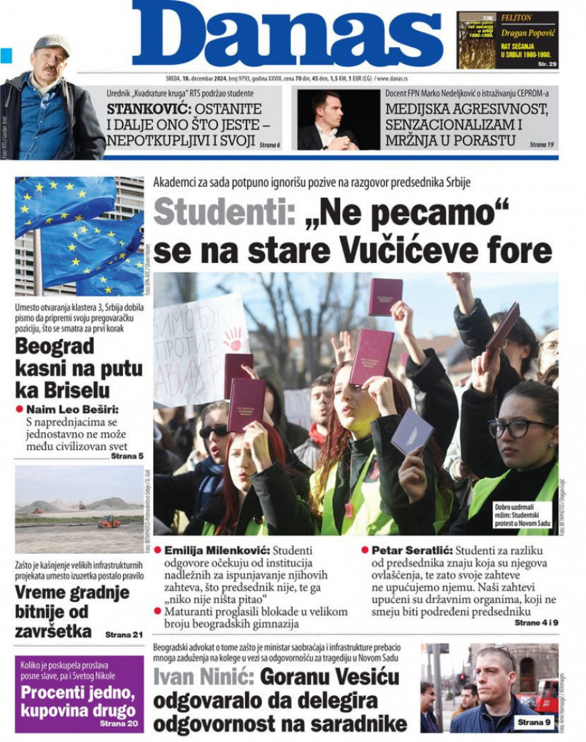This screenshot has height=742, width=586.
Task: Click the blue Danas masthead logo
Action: point(287,35)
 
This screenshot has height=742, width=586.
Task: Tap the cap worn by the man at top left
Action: point(52,43)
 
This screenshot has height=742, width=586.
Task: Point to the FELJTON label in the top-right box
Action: point(516,18)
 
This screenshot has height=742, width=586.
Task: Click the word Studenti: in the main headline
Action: point(224,212)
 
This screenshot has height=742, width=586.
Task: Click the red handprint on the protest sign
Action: point(233,338)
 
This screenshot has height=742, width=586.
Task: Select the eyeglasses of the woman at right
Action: point(519,428)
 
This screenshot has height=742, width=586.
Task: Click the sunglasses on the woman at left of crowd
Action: point(214,431)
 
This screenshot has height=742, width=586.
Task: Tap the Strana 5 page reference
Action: point(127,455)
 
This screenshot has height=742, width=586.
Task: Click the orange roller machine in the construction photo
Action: point(108,522)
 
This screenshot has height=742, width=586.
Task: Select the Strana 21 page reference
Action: point(124,634)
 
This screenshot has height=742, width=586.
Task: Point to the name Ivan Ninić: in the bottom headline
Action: point(203,678)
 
